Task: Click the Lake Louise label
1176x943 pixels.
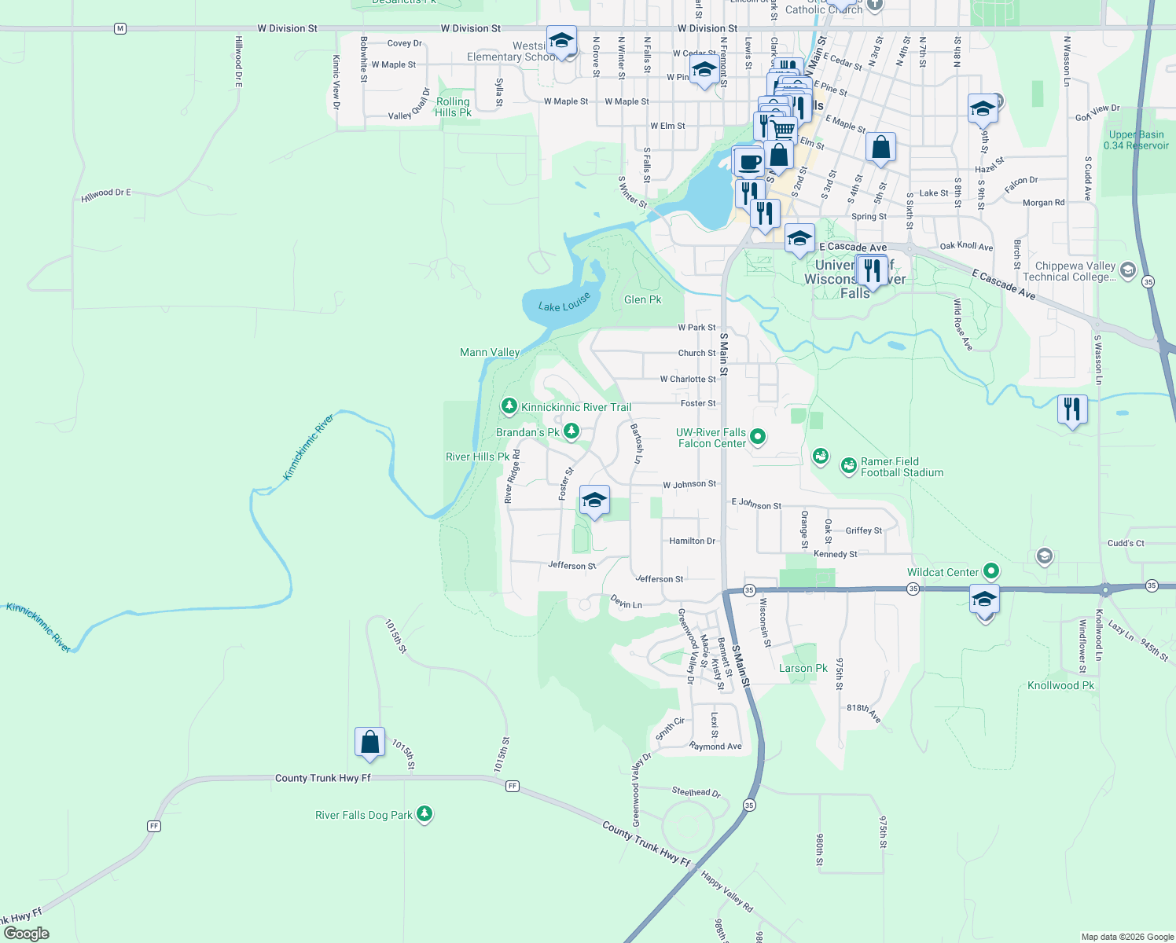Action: [564, 302]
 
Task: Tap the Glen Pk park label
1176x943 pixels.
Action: [642, 299]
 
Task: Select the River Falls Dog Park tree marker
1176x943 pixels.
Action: [424, 813]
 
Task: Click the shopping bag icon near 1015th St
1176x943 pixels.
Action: [369, 743]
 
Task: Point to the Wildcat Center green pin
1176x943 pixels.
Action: [991, 571]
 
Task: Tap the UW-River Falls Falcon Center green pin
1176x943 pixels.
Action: [758, 436]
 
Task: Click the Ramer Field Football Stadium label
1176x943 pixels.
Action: [902, 467]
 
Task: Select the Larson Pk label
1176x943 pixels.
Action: [803, 668]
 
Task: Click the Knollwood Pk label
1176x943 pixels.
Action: [1060, 685]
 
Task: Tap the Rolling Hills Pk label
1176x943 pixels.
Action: [454, 107]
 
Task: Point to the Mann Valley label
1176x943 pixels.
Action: [490, 352]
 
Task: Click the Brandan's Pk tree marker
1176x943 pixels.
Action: [571, 431]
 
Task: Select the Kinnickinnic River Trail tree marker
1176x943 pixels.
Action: [509, 405]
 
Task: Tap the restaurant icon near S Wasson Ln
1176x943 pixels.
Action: [1073, 409]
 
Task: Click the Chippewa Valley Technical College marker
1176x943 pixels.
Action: [1127, 271]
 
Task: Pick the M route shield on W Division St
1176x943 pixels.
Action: [119, 28]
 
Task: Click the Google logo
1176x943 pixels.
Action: [27, 933]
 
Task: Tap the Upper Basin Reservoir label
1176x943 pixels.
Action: [1136, 140]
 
